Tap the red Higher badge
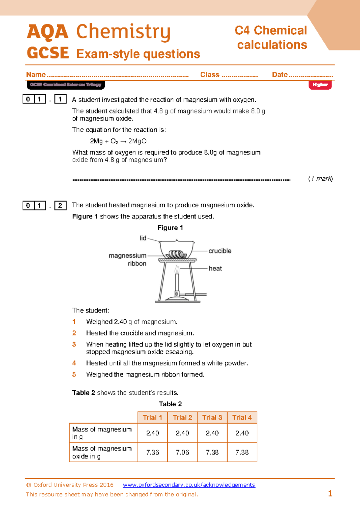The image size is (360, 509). (x=320, y=85)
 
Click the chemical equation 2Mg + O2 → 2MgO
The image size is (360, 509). (x=118, y=141)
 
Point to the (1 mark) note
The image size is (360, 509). (x=320, y=179)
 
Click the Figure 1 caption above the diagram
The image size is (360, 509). (x=170, y=228)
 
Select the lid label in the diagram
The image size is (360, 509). (x=143, y=238)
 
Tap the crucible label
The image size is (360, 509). (x=220, y=251)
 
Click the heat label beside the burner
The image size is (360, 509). (x=215, y=268)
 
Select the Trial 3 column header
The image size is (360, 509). (x=212, y=417)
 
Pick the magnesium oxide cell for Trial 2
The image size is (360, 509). (x=182, y=452)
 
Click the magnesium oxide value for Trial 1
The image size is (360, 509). (x=152, y=452)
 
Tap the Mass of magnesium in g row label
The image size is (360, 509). (x=102, y=433)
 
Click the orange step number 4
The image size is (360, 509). (x=74, y=363)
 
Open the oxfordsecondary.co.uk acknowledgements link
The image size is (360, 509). (x=189, y=485)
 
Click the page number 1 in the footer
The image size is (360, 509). (x=330, y=493)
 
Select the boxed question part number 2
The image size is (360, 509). (x=60, y=205)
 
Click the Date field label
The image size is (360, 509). (x=280, y=74)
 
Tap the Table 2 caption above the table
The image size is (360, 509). (x=170, y=404)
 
